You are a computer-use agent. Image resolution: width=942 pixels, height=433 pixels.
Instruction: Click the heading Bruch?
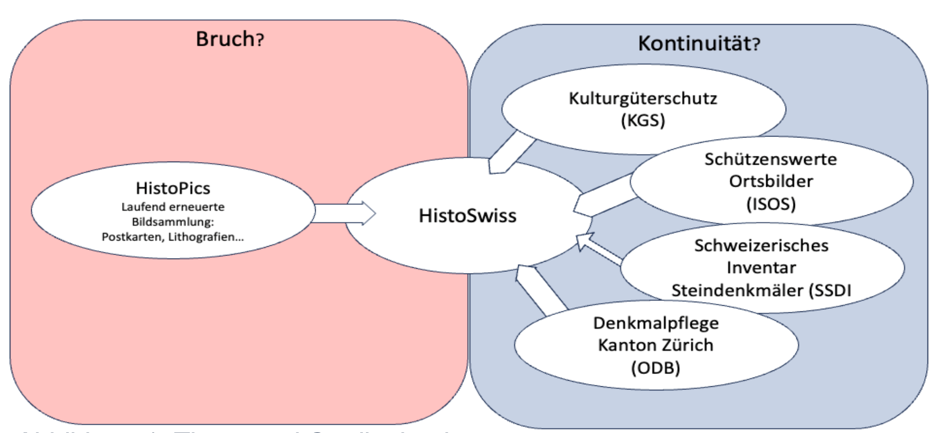tap(230, 39)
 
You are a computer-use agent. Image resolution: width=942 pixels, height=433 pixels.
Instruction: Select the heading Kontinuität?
tap(699, 43)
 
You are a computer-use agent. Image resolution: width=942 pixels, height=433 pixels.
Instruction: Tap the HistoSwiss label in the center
tap(467, 215)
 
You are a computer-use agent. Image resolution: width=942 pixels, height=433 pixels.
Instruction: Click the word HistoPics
tap(173, 188)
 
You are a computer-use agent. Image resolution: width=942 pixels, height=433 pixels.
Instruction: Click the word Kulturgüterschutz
tap(643, 98)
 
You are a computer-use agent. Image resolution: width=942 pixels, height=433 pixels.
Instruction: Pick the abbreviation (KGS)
tap(643, 121)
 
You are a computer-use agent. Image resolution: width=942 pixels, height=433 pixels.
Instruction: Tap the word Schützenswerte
tap(770, 159)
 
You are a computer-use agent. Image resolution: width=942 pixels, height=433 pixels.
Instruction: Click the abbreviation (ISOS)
tap(770, 204)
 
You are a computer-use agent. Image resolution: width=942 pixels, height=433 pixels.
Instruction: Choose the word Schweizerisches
tap(761, 245)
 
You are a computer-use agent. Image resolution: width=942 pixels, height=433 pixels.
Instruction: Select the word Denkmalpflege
tap(656, 323)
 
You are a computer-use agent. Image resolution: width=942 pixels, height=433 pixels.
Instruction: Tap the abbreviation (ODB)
tap(656, 367)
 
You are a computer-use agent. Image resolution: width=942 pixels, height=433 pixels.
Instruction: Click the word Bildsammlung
tap(172, 222)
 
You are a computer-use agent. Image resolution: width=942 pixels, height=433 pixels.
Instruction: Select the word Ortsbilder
tap(770, 181)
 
